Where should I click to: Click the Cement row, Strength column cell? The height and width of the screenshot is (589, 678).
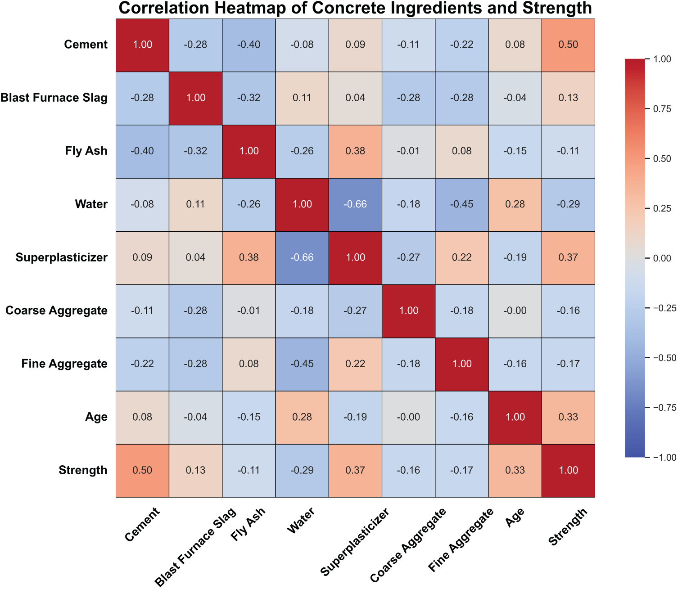click(x=568, y=45)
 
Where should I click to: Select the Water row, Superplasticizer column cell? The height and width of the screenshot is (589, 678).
click(x=355, y=204)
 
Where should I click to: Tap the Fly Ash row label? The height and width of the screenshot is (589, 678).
click(x=86, y=151)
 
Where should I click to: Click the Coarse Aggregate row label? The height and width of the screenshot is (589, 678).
click(x=56, y=310)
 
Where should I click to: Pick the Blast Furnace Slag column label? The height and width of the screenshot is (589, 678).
click(x=195, y=547)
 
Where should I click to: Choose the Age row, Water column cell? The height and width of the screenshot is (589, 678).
click(x=302, y=417)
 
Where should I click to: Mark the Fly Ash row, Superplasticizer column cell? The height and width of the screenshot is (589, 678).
click(x=355, y=151)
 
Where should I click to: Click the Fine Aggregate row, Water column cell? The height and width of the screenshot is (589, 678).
click(x=302, y=364)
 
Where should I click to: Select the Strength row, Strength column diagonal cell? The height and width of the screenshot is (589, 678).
click(x=568, y=470)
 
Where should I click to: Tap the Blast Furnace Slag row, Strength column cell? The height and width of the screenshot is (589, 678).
click(x=568, y=98)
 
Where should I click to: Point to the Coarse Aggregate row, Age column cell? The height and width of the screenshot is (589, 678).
click(x=515, y=310)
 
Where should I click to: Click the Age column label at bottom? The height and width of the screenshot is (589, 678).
click(x=515, y=517)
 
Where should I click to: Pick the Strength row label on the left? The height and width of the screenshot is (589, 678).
click(x=83, y=470)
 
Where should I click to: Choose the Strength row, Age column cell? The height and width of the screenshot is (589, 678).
click(x=515, y=470)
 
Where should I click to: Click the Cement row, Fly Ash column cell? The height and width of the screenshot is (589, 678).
click(x=249, y=45)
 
